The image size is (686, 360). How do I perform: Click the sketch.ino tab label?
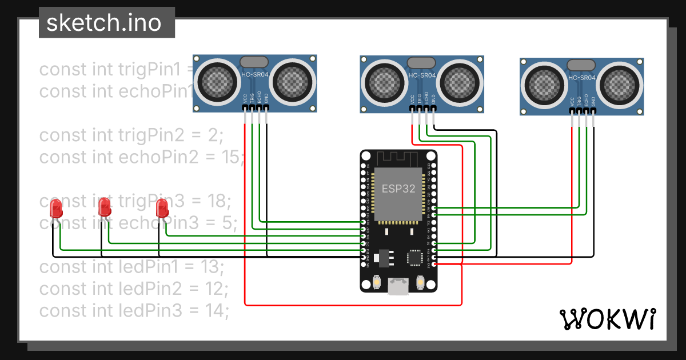(x=103, y=23)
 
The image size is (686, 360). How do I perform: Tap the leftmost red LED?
(x=56, y=209)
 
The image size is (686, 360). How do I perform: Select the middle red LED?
(x=104, y=207)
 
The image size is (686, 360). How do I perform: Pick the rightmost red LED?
(x=162, y=207)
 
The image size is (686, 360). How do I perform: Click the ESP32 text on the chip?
(x=398, y=189)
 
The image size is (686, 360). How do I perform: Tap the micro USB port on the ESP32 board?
(x=398, y=287)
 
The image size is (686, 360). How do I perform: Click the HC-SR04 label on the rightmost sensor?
(x=581, y=77)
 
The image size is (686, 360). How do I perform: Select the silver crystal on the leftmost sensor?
(x=254, y=61)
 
